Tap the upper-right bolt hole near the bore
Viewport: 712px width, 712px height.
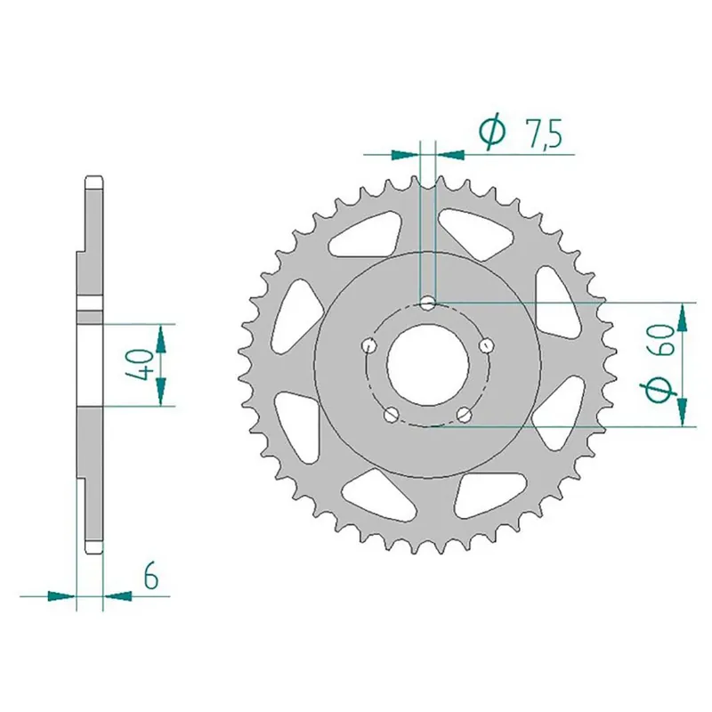(x=486, y=344)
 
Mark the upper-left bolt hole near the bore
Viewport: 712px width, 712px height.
(x=368, y=344)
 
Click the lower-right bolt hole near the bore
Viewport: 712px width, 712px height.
(x=465, y=414)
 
